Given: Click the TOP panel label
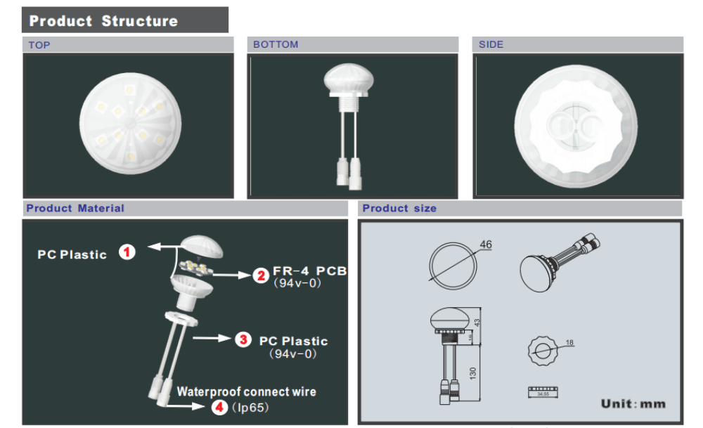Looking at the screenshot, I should [x=39, y=45].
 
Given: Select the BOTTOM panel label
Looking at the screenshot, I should [x=276, y=44].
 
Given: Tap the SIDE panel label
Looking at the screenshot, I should [x=491, y=44].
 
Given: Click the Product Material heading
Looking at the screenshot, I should [x=75, y=208].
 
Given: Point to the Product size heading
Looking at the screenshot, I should [x=399, y=208].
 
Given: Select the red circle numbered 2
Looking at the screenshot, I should [x=261, y=275].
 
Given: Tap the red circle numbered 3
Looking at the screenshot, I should [x=243, y=339].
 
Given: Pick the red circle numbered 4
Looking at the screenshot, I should [x=219, y=406].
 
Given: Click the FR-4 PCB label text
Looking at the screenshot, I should [x=309, y=271].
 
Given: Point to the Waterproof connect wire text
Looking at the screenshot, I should [x=246, y=391].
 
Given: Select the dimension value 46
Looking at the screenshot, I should [x=485, y=245].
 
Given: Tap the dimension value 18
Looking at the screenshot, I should [x=569, y=342].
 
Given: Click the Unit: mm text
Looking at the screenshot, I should [x=633, y=403].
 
